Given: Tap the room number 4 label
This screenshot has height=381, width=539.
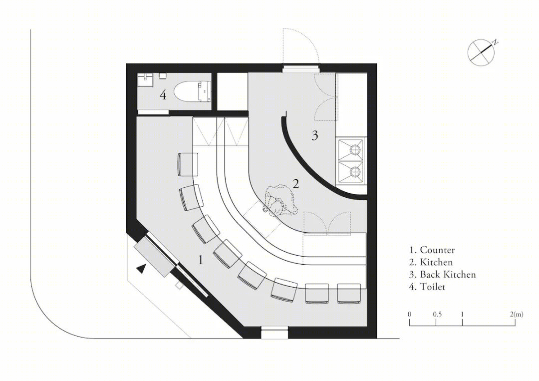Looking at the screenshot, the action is click(163, 95).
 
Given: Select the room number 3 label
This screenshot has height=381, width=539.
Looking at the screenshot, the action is click(314, 136).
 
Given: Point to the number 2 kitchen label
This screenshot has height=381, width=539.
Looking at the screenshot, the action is click(295, 184).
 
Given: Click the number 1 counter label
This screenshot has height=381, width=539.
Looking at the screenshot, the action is click(201, 260).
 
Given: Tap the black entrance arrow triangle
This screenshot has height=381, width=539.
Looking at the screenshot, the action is click(141, 268).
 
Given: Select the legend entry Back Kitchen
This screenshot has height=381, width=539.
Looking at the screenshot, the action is click(442, 275).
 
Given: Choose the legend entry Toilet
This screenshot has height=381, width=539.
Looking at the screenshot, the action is click(427, 287).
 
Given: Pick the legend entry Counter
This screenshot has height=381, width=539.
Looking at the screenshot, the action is click(432, 250).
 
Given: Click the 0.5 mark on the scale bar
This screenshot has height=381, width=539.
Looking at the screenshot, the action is click(438, 314).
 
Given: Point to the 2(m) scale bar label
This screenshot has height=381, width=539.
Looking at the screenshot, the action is click(517, 314).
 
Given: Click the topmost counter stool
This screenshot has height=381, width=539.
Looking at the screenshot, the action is click(188, 164).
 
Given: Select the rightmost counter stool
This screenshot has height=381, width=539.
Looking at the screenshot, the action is click(349, 293).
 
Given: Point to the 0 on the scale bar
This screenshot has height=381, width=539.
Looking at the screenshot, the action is click(409, 314).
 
